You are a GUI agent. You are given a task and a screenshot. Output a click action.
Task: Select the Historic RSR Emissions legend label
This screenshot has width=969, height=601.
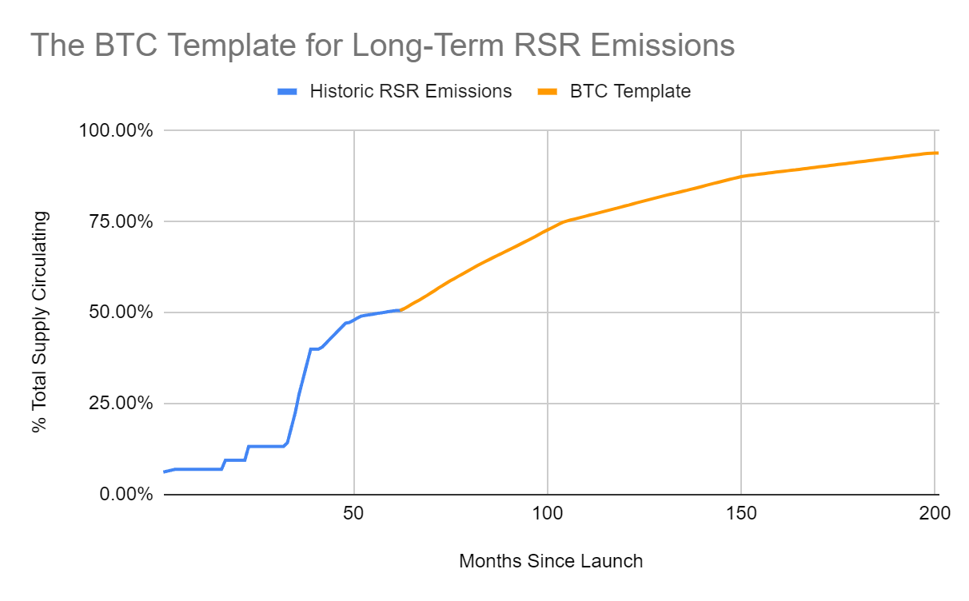pyautogui.click(x=411, y=91)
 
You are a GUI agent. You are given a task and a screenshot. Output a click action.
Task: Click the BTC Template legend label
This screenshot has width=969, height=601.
pyautogui.click(x=630, y=91)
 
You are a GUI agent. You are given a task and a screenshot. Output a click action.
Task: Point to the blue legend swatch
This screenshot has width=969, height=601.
pyautogui.click(x=287, y=92)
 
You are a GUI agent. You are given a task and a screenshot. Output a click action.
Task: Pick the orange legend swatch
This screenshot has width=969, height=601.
pyautogui.click(x=547, y=92)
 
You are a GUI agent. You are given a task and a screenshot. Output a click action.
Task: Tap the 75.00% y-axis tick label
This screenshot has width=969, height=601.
pyautogui.click(x=121, y=221)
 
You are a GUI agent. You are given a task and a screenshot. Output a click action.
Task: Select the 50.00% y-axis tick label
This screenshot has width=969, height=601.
pyautogui.click(x=121, y=312)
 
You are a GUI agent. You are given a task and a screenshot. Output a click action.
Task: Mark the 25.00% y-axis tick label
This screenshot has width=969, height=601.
pyautogui.click(x=121, y=404)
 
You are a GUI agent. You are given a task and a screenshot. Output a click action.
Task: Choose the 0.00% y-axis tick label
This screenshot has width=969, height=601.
pyautogui.click(x=125, y=495)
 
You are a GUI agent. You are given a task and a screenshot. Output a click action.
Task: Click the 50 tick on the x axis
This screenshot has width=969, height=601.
pyautogui.click(x=353, y=514)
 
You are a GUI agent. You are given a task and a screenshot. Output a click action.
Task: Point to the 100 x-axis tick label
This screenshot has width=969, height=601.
pyautogui.click(x=547, y=514)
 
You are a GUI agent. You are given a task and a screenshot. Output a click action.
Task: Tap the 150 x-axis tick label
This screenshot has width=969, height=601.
pyautogui.click(x=741, y=514)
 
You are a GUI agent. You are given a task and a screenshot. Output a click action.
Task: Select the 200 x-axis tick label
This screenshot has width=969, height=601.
pyautogui.click(x=935, y=514)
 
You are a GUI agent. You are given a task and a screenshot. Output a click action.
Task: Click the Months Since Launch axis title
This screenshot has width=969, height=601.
pyautogui.click(x=551, y=561)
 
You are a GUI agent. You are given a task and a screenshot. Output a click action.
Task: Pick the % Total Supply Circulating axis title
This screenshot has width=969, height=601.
pyautogui.click(x=40, y=322)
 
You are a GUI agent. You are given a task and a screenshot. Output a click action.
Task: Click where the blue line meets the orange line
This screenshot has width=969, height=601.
pyautogui.click(x=400, y=309)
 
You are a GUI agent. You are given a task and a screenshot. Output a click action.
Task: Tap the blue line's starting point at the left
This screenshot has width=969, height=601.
pyautogui.click(x=164, y=472)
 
